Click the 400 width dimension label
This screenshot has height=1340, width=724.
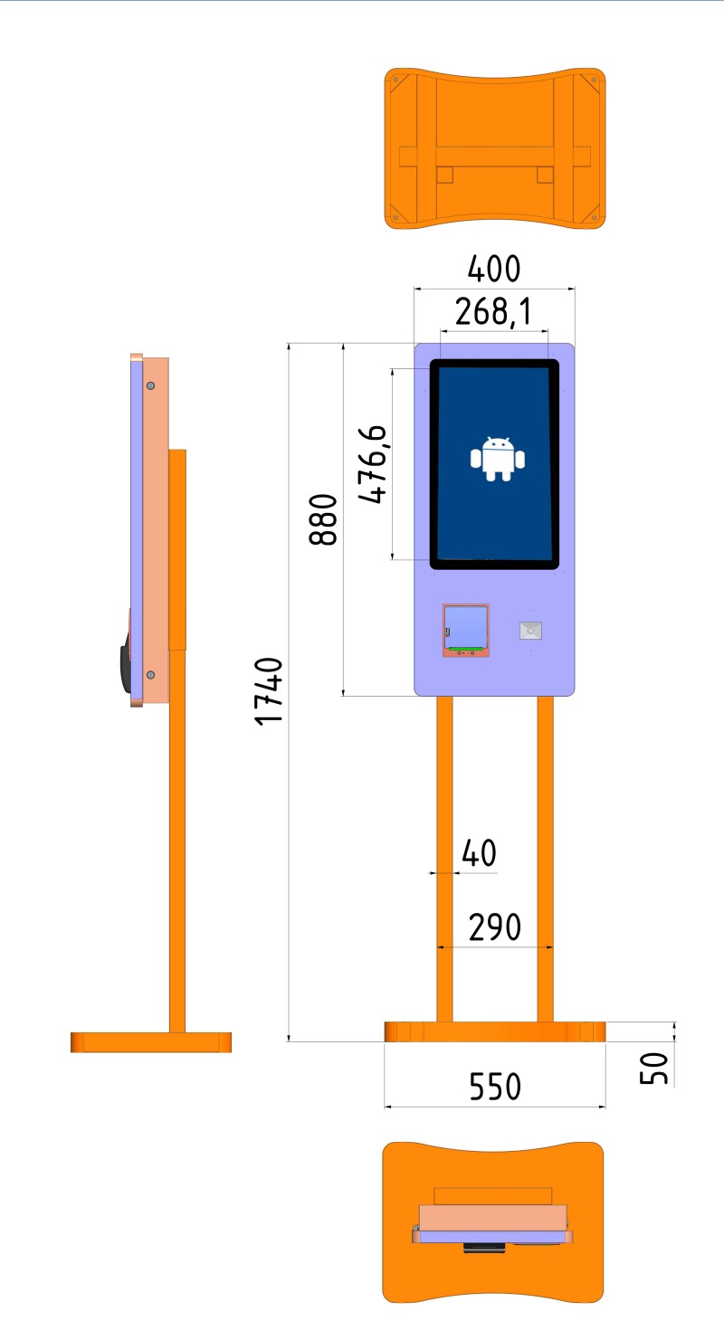point(493,269)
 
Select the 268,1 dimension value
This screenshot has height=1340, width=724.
point(493,312)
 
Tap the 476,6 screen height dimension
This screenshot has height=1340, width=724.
point(373,463)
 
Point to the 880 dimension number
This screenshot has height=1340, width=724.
point(323,519)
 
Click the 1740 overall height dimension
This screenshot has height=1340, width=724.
point(268,691)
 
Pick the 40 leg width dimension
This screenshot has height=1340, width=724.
point(479,853)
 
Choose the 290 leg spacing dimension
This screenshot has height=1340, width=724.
point(494,927)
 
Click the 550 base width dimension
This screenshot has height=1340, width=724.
point(495,1087)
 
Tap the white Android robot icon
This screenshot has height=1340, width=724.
point(497,458)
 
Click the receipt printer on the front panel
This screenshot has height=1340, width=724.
point(465,631)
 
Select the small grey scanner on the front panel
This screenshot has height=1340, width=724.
point(530,631)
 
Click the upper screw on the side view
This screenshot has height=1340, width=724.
point(151,385)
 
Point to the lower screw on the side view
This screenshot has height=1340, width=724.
point(151,675)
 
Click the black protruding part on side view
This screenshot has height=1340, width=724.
point(126,663)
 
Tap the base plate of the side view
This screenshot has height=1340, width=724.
point(151,1042)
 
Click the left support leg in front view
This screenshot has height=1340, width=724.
point(444,859)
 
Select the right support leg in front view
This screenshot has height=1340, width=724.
point(545,859)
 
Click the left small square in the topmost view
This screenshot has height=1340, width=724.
point(444,175)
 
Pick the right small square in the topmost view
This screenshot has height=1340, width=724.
point(545,175)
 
